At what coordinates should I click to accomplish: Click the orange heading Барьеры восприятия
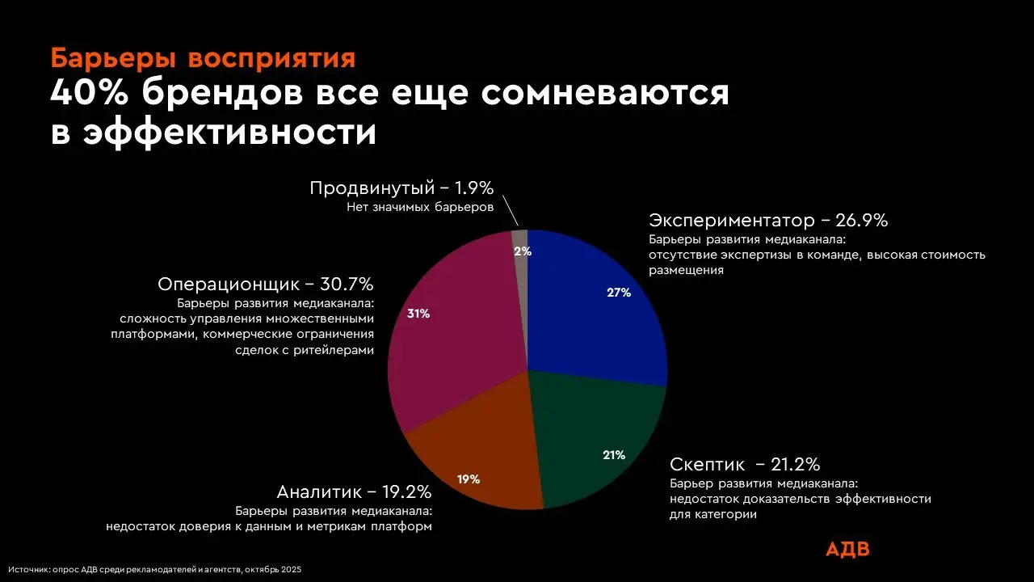tap(202, 59)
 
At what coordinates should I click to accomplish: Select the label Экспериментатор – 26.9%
tap(768, 220)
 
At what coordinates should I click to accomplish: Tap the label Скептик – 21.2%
tap(745, 464)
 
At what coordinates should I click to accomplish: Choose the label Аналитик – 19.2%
tap(354, 491)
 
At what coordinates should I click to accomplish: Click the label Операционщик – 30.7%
tap(265, 285)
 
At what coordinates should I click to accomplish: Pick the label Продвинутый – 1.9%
tap(401, 188)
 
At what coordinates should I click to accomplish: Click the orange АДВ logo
tap(847, 550)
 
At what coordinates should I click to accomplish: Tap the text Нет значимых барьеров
tap(420, 208)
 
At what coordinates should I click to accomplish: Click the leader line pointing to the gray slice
tap(510, 212)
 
